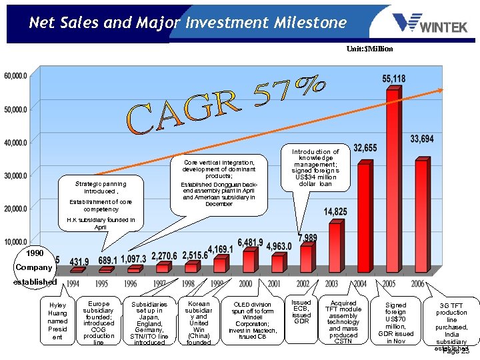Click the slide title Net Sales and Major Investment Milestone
click(x=187, y=23)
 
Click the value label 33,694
click(x=423, y=139)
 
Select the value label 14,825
click(x=335, y=211)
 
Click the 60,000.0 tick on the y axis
click(x=16, y=76)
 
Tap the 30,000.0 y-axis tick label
click(x=16, y=175)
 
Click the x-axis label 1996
click(x=131, y=283)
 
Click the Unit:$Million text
click(x=369, y=49)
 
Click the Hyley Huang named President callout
click(x=58, y=321)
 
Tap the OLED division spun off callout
click(x=252, y=321)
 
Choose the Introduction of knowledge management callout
click(x=315, y=168)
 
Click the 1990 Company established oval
click(x=34, y=267)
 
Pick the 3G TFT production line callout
click(x=451, y=325)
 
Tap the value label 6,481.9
click(x=249, y=242)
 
